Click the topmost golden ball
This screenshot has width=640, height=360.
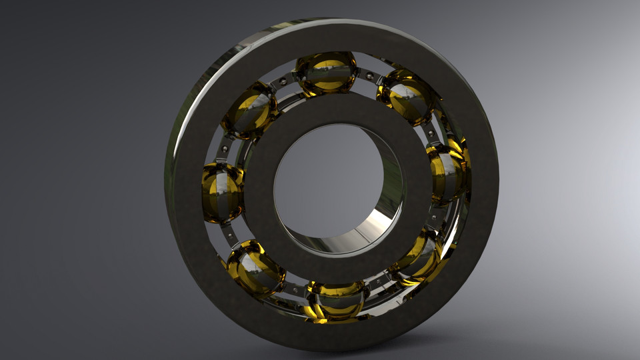pos(325,73)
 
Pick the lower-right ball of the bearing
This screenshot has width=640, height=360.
pos(419,256)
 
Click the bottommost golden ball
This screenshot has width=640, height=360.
pos(335,299)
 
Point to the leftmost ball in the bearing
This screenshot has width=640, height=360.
pos(222,193)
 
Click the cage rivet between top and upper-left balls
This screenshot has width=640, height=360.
pos(284,81)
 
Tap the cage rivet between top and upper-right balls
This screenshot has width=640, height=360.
pos(368,79)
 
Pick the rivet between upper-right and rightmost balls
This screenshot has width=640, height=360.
pos(431,133)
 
